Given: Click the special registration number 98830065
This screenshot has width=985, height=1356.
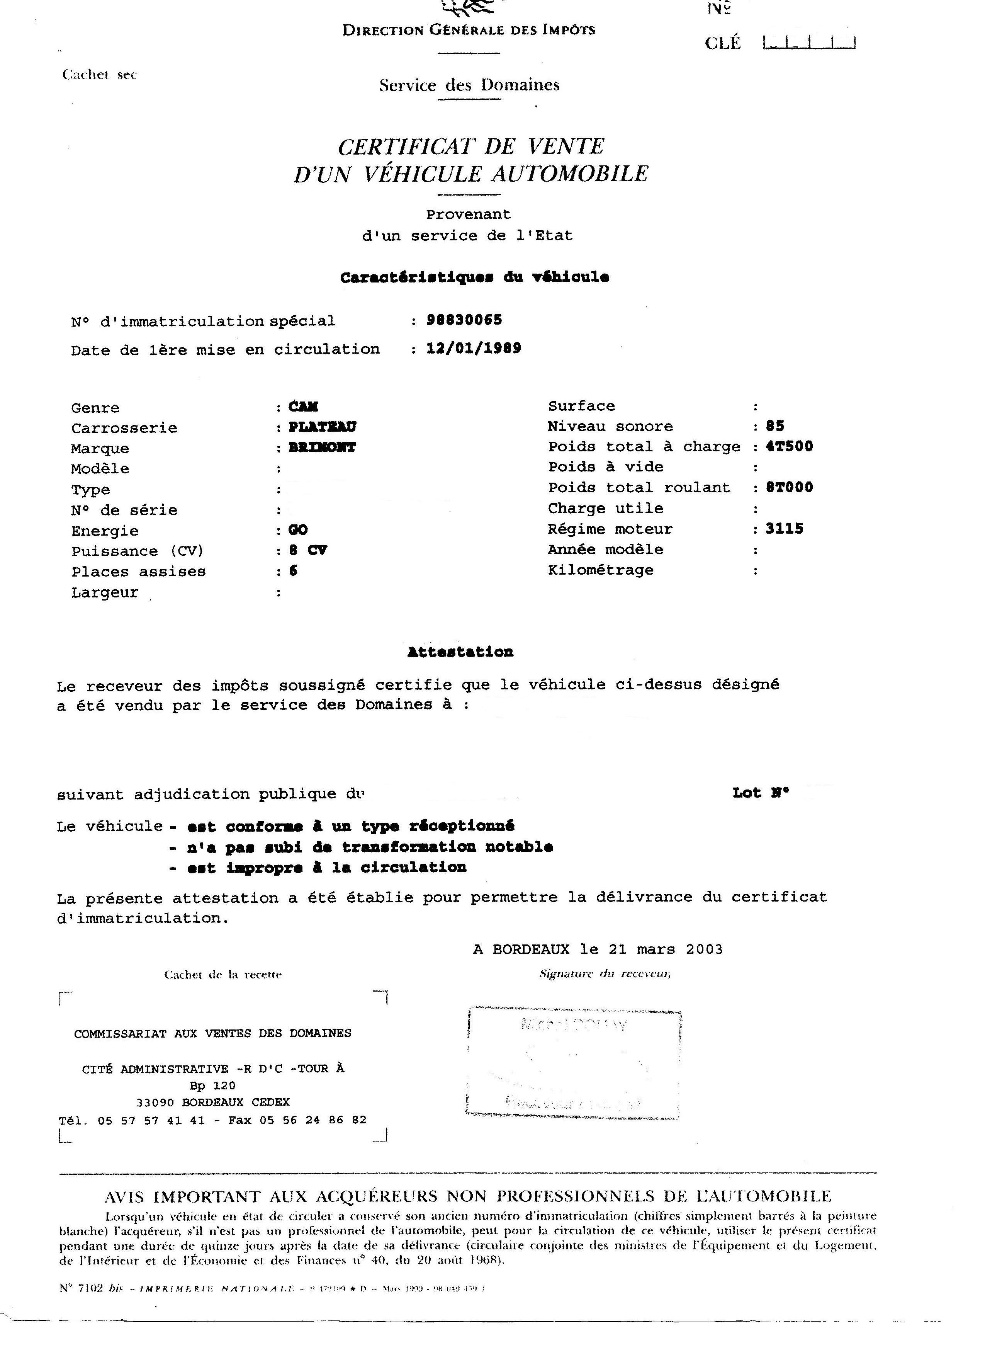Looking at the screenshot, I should [464, 320].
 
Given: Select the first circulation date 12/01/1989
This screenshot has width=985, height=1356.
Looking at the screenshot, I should [473, 348].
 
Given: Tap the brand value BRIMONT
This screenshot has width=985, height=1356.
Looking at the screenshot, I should [322, 447].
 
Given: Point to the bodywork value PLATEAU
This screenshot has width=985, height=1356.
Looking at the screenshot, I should [323, 427].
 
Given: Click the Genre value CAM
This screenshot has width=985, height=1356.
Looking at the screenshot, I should [304, 407].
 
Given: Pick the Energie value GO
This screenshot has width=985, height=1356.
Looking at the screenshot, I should [298, 530].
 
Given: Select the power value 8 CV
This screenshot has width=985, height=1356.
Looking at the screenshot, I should [308, 550].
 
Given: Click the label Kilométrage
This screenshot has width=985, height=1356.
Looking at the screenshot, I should [601, 570].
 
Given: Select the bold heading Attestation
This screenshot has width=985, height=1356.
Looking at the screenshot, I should [460, 652].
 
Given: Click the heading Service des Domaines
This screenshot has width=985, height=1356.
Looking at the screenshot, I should [469, 85].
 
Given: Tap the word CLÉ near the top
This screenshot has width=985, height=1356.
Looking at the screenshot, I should [723, 43].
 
